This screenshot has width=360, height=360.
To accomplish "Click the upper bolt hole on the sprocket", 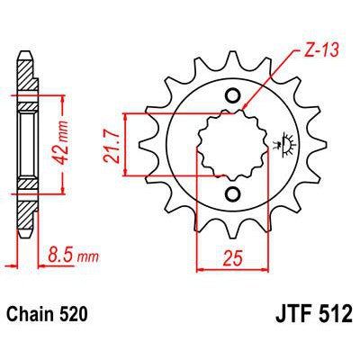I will (x=232, y=96).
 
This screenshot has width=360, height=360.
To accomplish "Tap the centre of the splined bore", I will (x=232, y=145).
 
